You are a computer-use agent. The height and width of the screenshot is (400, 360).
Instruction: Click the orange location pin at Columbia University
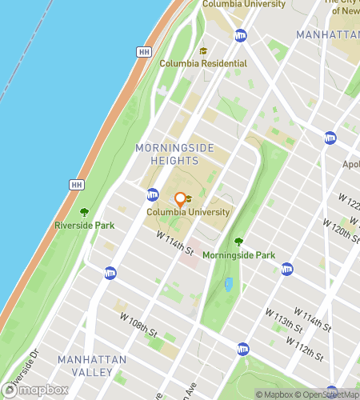[181, 199]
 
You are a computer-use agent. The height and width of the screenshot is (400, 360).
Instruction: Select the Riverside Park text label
[84, 226]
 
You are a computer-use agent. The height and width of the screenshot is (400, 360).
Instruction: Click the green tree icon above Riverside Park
[84, 212]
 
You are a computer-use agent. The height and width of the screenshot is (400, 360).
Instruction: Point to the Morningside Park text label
[238, 255]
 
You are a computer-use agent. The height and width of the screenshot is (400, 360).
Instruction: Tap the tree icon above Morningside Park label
[238, 242]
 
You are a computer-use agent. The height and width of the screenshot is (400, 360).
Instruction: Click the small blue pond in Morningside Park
[229, 283]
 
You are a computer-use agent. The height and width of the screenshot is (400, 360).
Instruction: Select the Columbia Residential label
[203, 63]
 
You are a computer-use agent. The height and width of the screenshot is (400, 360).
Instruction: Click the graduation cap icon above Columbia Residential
[202, 50]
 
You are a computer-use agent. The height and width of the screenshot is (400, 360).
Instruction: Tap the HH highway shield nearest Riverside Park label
[77, 186]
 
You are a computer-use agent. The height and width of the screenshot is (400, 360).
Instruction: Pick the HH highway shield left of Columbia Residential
[144, 52]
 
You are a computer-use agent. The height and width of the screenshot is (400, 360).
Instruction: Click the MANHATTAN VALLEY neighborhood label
[92, 366]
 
